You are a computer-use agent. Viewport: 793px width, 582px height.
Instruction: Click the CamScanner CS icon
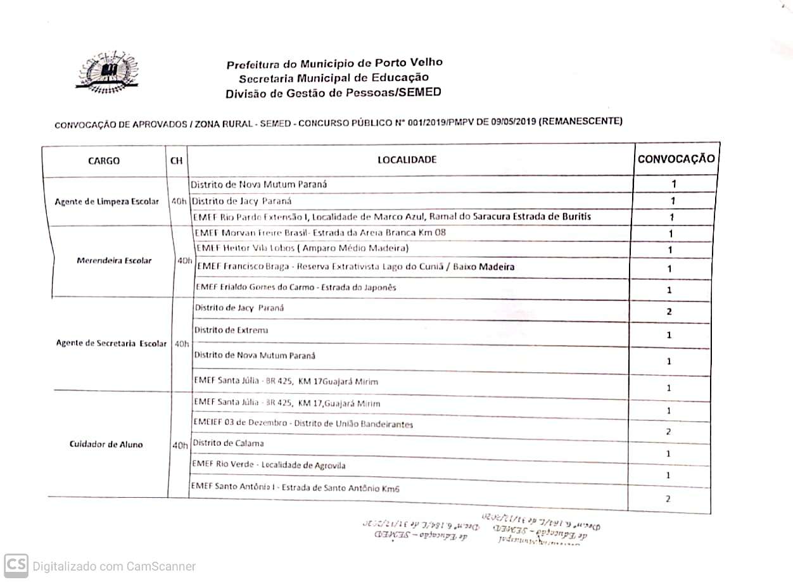click(x=16, y=566)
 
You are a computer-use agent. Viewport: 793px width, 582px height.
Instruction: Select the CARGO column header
click(x=103, y=161)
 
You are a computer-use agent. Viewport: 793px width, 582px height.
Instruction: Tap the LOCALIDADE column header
click(x=407, y=160)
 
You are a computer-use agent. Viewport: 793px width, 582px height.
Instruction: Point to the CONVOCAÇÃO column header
click(x=676, y=158)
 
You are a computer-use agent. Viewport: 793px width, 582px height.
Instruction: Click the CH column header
click(x=176, y=161)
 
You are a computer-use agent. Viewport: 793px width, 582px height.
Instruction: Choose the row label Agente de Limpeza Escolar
click(x=107, y=201)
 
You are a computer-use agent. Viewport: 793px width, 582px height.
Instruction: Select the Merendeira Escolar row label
click(x=114, y=260)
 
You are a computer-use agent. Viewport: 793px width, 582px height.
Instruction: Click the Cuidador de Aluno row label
click(x=106, y=444)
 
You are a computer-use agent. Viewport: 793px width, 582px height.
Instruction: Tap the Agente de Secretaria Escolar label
click(x=111, y=343)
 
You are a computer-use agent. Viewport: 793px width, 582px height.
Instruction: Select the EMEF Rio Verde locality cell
click(x=269, y=465)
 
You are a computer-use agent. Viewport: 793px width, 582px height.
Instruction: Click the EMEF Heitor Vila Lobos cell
click(x=302, y=248)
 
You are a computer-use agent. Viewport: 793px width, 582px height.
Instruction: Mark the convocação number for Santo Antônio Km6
click(x=668, y=499)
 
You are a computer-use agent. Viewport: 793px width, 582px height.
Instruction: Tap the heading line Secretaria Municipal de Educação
click(x=333, y=78)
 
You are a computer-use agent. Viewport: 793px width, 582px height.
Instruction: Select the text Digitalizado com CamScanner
click(x=114, y=566)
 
